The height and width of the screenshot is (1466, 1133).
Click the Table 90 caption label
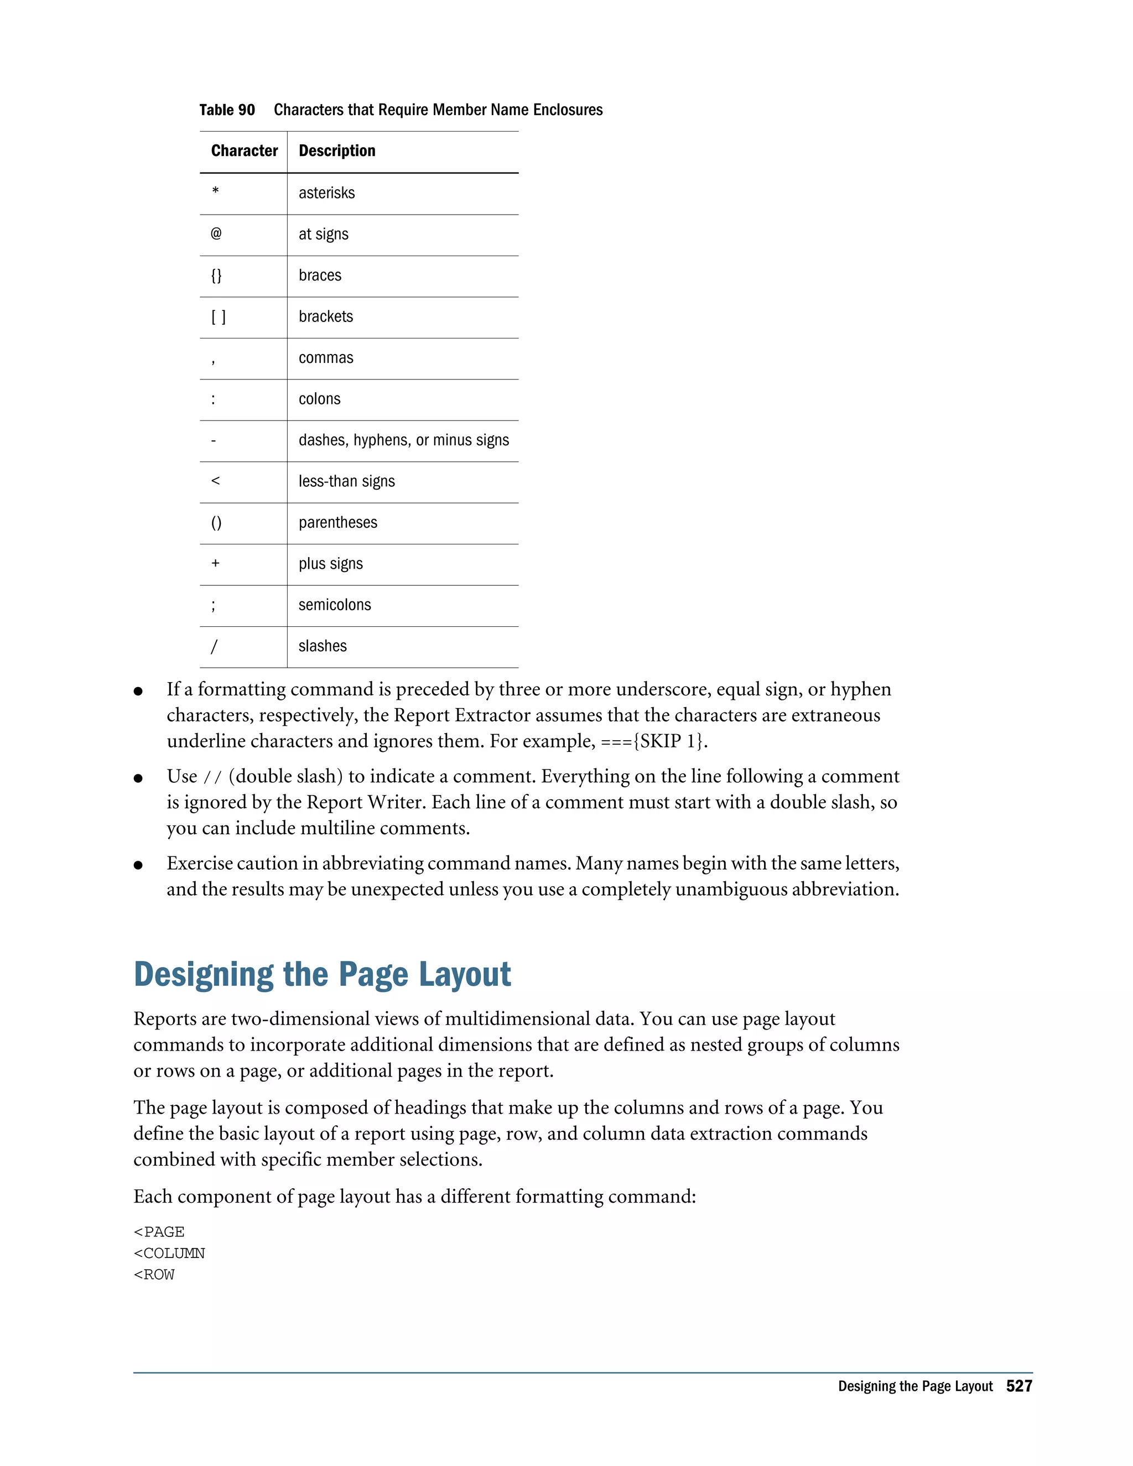[227, 110]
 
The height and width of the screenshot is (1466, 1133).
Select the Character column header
[245, 151]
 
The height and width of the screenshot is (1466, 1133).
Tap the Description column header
[337, 151]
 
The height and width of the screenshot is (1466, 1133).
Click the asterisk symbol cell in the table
[215, 192]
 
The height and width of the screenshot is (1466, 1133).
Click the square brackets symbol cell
[218, 317]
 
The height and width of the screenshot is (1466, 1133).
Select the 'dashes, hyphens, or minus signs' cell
[403, 440]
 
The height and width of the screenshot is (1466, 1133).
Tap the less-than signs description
[346, 481]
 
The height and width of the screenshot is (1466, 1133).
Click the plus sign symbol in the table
[215, 563]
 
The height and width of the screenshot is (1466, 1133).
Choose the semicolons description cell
[334, 605]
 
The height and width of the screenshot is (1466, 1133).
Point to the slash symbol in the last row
[214, 646]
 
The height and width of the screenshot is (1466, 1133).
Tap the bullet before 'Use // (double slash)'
[138, 778]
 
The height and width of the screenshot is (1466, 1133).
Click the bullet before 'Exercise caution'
[138, 865]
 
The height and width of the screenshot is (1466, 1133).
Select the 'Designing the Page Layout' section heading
[322, 974]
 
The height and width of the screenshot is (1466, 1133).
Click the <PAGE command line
[159, 1232]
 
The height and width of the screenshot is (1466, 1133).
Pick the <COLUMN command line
[169, 1253]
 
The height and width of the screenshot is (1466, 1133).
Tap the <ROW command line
[154, 1275]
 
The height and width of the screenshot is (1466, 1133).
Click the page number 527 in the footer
[1019, 1386]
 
